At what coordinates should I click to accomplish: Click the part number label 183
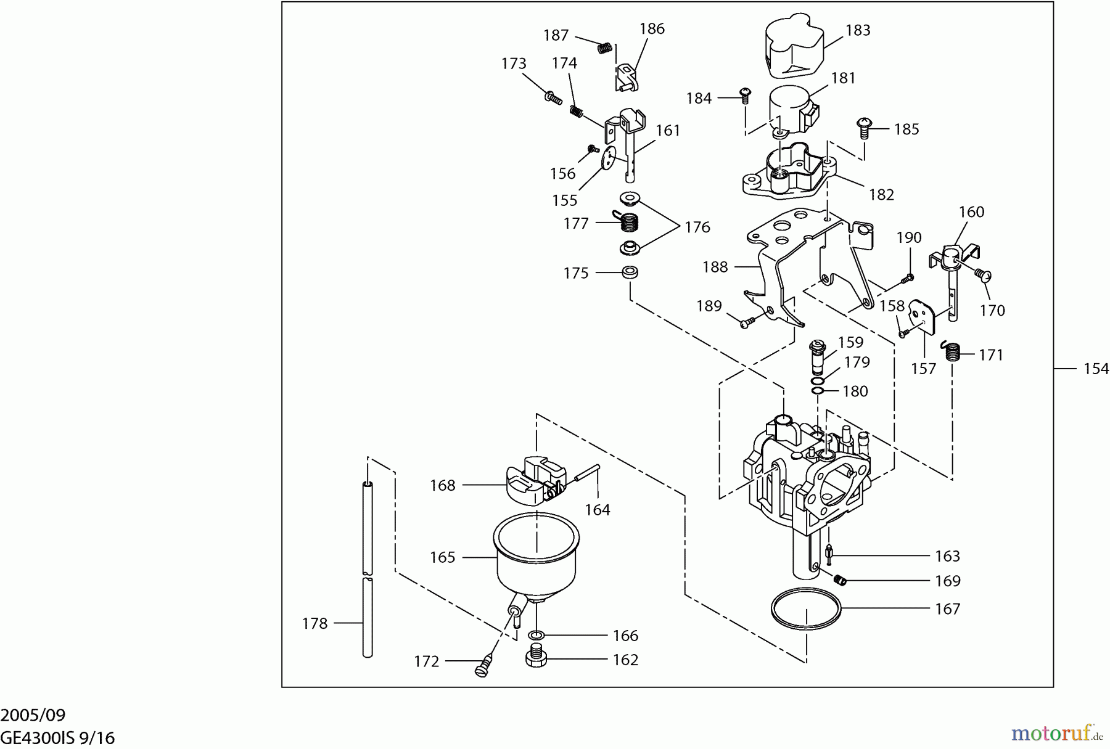[858, 30]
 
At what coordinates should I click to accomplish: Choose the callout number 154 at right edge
[1096, 369]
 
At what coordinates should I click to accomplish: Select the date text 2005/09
[33, 715]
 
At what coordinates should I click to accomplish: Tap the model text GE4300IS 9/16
[57, 738]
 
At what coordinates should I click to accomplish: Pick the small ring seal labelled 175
[629, 272]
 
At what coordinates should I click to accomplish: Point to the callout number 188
[715, 267]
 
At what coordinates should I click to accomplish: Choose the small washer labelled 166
[536, 635]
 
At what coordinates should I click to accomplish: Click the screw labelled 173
[121, 97]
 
